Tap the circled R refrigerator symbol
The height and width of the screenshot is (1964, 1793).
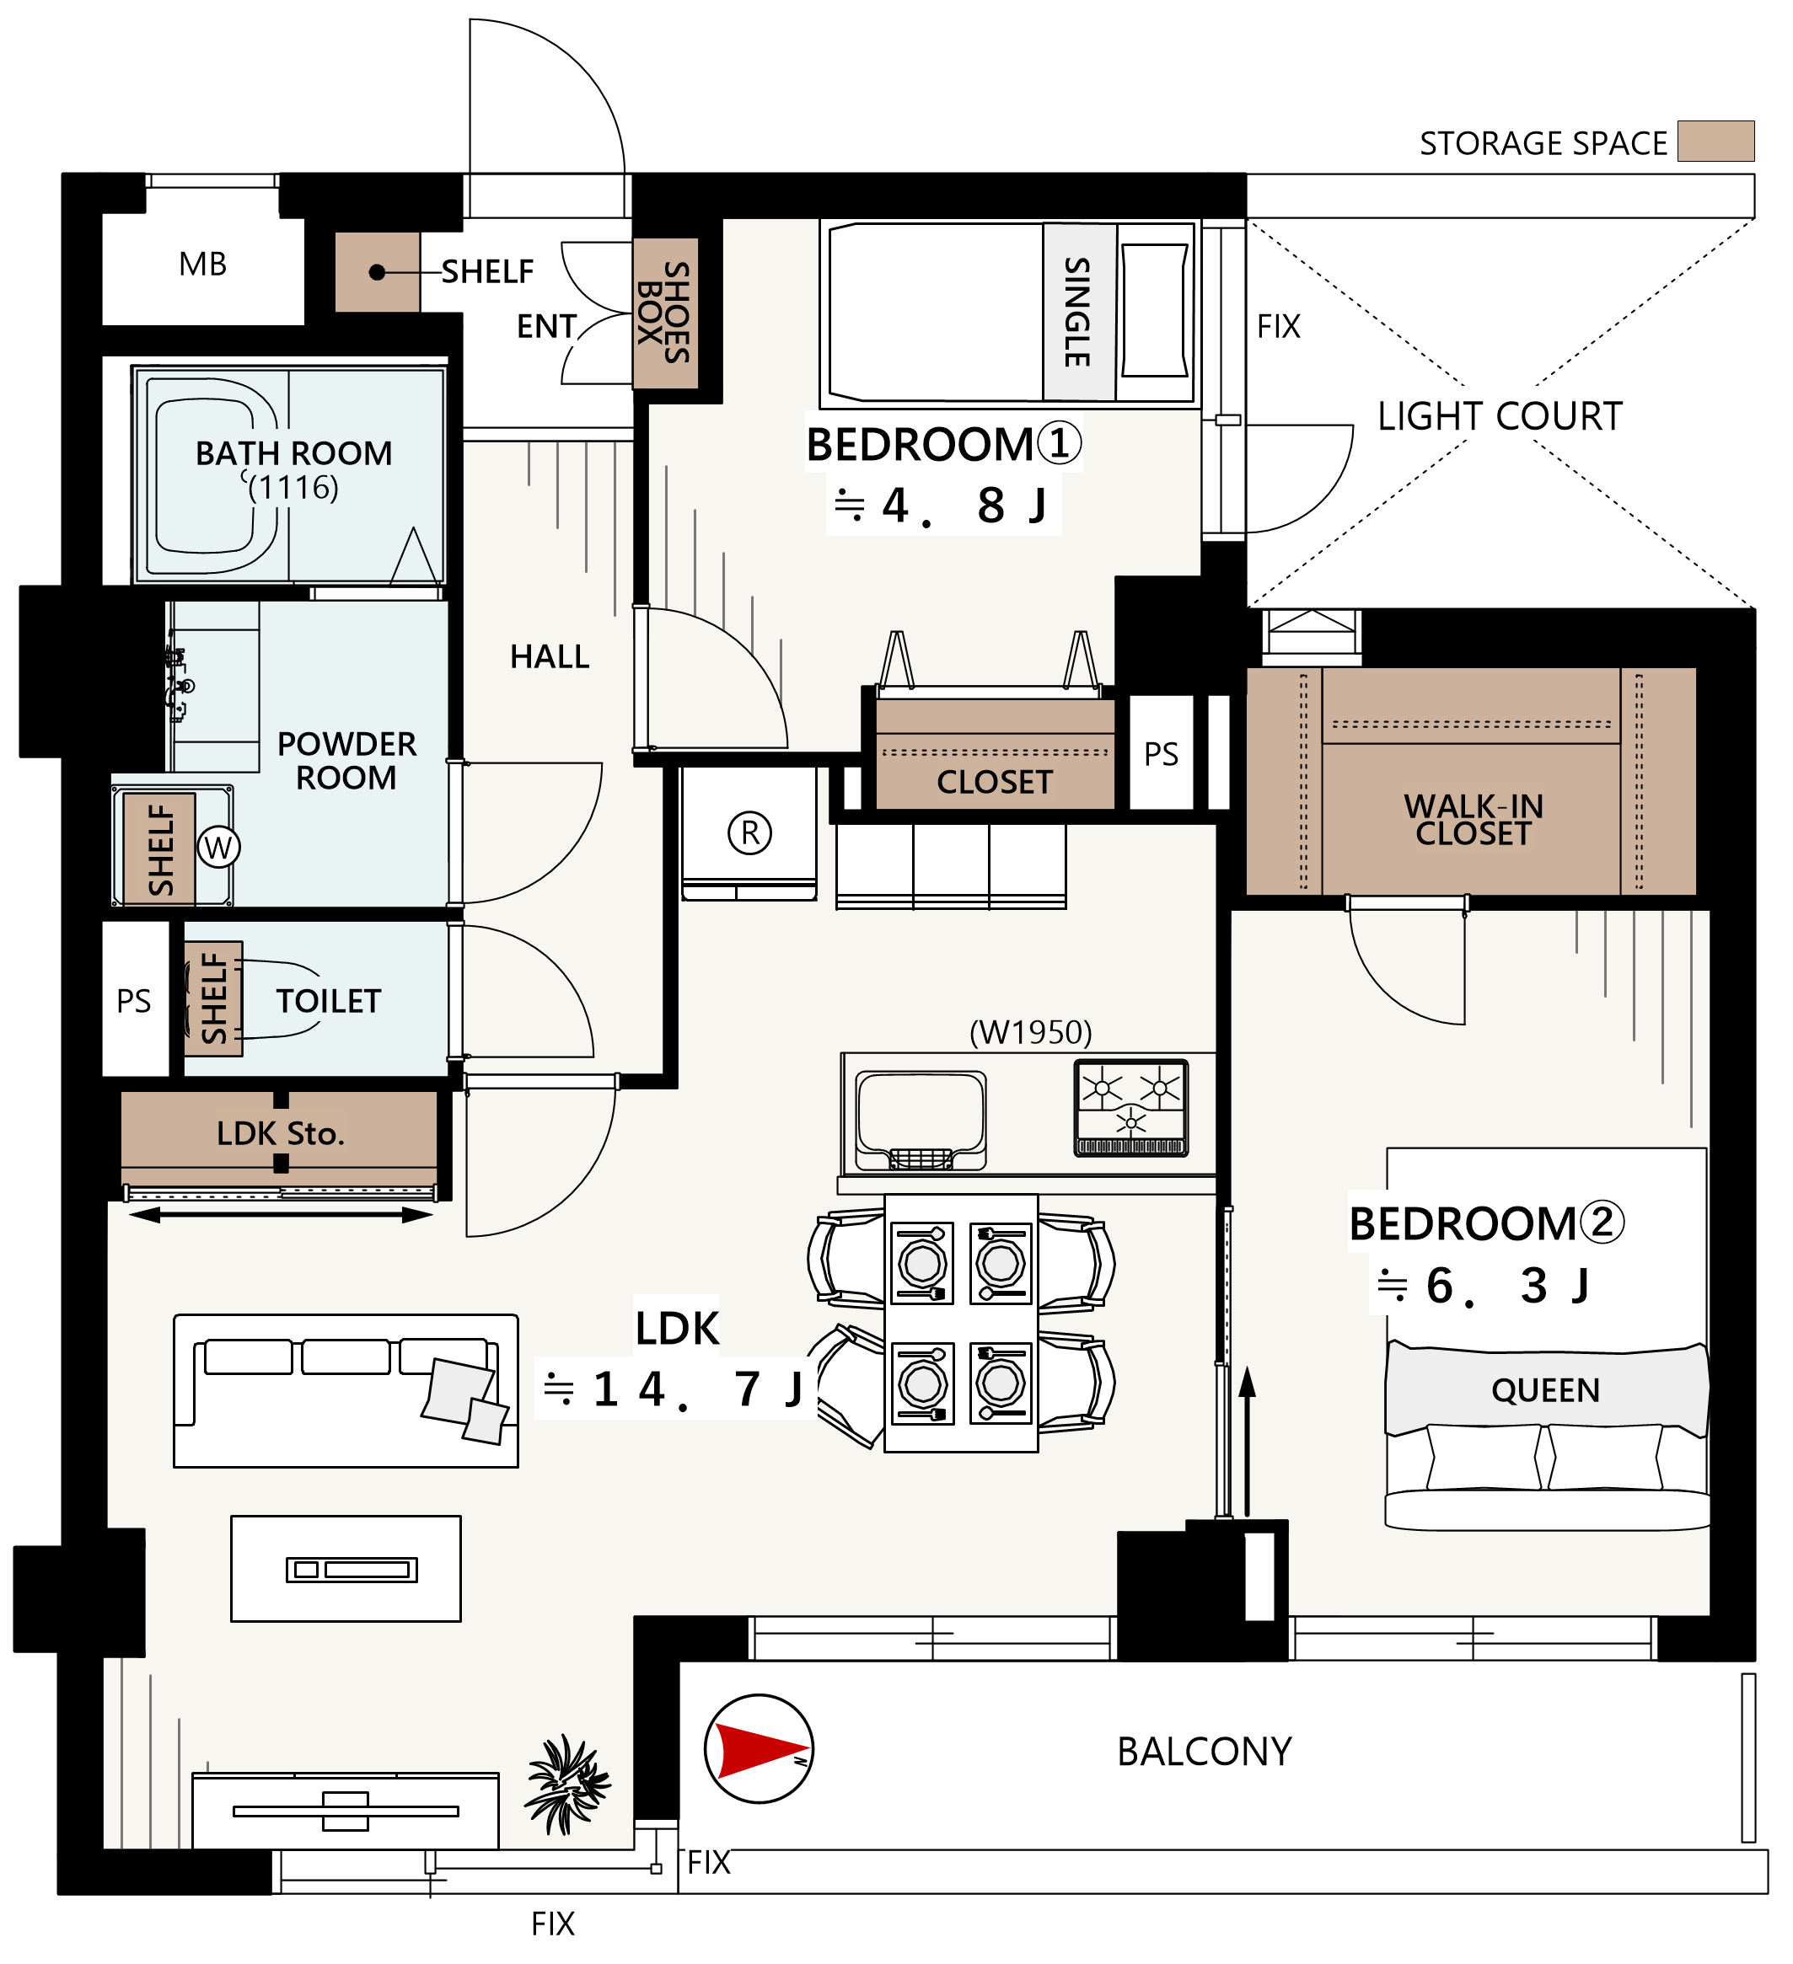coord(749,833)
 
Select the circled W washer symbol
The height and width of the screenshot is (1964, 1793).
coord(218,848)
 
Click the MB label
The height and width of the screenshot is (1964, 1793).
coord(202,264)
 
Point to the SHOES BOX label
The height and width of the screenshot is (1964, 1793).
coord(664,312)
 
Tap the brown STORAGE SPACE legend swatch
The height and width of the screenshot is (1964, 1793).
coord(1715,142)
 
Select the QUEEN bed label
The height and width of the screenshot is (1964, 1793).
coord(1545,1390)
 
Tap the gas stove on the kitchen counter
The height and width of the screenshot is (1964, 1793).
coord(1130,1108)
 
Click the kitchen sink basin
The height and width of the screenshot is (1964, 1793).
coord(921,1121)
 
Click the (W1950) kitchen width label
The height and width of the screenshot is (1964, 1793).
coord(1031,1031)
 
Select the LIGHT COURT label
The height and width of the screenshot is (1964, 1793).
coord(1500,416)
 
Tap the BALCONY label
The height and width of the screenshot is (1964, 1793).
coord(1205,1752)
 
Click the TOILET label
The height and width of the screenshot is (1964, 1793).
coord(329,1002)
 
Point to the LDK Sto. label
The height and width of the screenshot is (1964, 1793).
coord(281,1133)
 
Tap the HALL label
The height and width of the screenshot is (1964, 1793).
coord(550,656)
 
